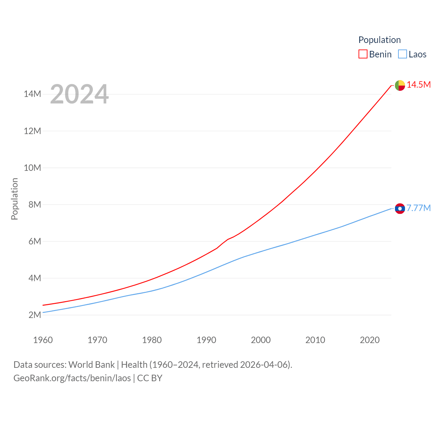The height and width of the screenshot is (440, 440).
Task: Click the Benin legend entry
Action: (375, 54)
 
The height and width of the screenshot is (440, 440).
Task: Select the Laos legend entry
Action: (412, 54)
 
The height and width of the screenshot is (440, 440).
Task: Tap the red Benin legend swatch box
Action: (363, 54)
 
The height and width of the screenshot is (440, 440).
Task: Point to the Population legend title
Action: (379, 40)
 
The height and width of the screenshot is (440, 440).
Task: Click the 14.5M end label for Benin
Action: (419, 85)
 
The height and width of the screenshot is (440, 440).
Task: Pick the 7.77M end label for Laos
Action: (419, 208)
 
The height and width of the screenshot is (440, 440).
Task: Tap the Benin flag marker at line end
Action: (400, 85)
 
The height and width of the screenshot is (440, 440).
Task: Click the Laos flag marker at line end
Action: (400, 208)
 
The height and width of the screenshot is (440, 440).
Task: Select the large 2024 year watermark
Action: (79, 94)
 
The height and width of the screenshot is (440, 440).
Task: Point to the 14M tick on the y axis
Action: (32, 94)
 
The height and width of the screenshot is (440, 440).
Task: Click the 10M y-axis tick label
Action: (32, 168)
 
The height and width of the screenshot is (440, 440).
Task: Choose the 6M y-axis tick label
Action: (35, 241)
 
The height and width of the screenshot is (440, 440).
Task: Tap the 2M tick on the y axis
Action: (35, 315)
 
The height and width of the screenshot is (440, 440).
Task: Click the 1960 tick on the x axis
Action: (43, 340)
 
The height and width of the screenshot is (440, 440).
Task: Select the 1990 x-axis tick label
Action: (206, 340)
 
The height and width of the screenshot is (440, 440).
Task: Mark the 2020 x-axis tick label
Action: (370, 340)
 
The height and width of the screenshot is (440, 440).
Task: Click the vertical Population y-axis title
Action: (14, 199)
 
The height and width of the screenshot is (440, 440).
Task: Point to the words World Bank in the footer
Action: (91, 364)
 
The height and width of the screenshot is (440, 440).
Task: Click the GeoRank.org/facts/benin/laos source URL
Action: (72, 378)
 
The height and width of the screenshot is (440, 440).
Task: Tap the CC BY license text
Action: (150, 378)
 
